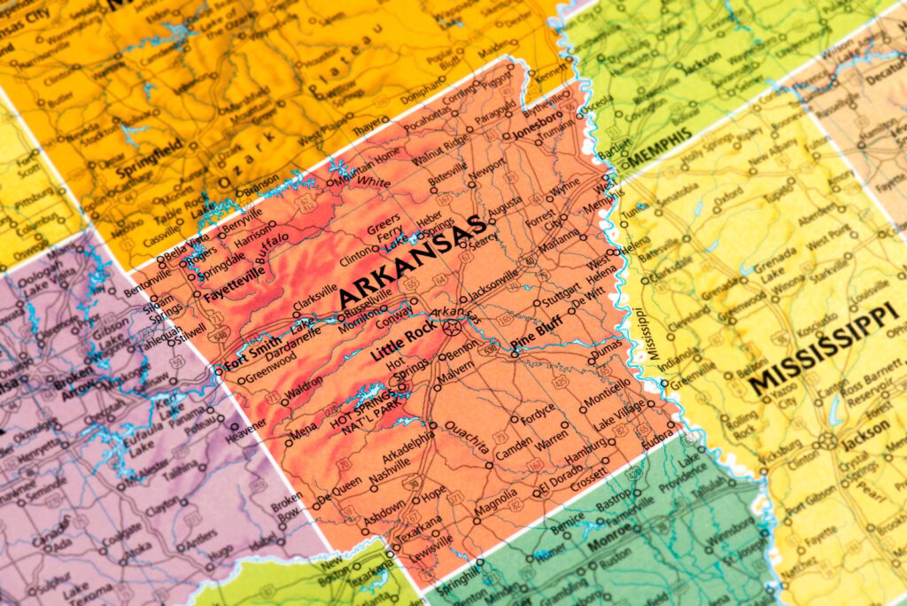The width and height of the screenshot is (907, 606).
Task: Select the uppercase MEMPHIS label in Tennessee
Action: [660, 146]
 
